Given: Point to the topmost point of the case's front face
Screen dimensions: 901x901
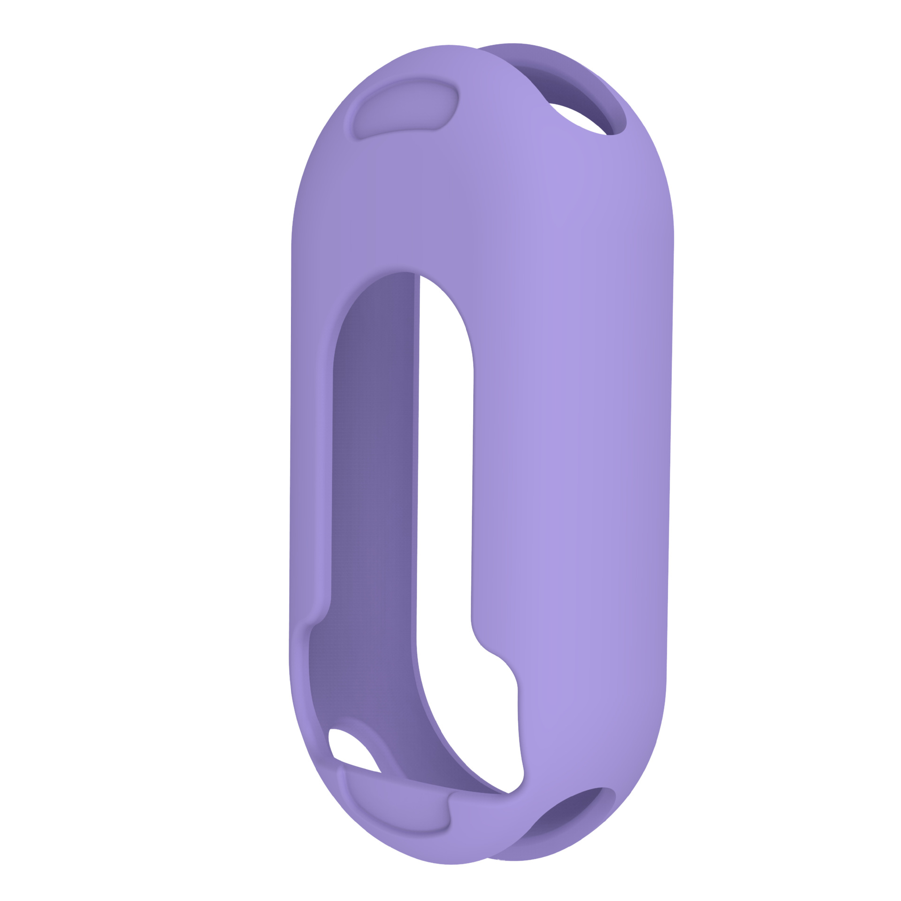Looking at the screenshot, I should [448, 46].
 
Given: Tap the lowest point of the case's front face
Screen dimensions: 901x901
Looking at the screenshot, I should [450, 863].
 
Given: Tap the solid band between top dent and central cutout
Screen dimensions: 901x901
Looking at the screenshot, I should [413, 197].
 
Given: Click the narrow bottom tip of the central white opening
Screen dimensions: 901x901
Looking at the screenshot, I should [509, 788].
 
